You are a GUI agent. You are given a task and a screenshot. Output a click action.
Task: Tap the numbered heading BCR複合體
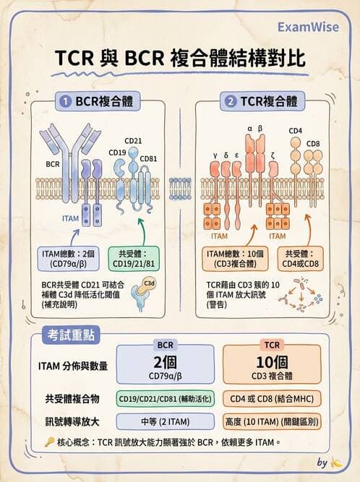tap(100, 103)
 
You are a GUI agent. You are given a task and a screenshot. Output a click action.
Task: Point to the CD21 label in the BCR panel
tap(132, 141)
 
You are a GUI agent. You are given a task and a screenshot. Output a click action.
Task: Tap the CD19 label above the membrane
tap(117, 152)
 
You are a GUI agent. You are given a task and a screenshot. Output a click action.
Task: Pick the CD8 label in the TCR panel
tap(313, 143)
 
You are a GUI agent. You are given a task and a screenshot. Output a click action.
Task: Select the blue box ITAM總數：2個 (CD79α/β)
tap(71, 259)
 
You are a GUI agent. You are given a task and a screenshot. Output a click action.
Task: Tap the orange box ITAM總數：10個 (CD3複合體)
tap(236, 259)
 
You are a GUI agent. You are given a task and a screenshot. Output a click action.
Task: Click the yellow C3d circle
tap(150, 283)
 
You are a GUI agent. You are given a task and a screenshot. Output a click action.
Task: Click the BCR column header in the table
tap(166, 345)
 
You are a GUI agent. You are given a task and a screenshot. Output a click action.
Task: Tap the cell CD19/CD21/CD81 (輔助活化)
tap(165, 398)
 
